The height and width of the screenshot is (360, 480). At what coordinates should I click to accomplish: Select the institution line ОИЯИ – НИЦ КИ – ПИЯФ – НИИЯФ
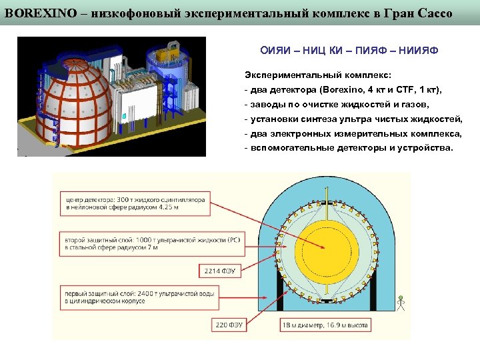pyautogui.click(x=349, y=51)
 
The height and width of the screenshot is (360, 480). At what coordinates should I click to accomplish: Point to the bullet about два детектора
pyautogui.click(x=343, y=90)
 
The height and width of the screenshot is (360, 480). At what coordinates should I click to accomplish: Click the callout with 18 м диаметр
pyautogui.click(x=325, y=325)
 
